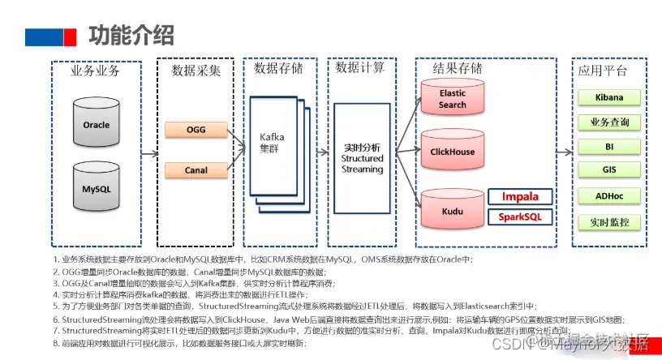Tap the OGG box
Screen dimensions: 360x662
click(x=196, y=130)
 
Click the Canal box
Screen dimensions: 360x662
click(x=196, y=170)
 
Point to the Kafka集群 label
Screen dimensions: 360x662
click(x=272, y=143)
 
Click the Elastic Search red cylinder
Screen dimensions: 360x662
click(x=452, y=99)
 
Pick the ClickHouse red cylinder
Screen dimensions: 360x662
click(x=452, y=152)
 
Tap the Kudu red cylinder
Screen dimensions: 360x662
click(x=452, y=208)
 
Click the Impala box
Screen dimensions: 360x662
click(x=520, y=197)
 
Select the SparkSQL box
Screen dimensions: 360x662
click(x=520, y=217)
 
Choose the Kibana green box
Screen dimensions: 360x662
click(x=609, y=97)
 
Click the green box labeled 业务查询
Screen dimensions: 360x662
click(x=609, y=122)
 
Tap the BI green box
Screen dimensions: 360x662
click(x=609, y=147)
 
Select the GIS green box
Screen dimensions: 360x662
click(x=609, y=170)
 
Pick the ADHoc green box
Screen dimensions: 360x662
click(x=609, y=196)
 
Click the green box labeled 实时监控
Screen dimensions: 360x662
click(x=609, y=221)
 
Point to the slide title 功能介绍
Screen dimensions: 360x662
click(x=131, y=36)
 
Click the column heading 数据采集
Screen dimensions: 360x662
click(x=196, y=71)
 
